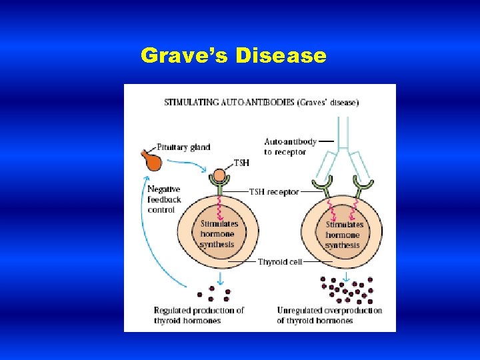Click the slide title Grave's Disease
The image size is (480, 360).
(x=233, y=55)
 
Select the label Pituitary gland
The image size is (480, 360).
(x=184, y=147)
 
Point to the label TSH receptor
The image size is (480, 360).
(x=274, y=191)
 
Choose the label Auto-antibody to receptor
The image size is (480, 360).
(x=290, y=147)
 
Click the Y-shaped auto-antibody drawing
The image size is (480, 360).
(x=342, y=153)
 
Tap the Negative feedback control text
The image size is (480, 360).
(x=164, y=199)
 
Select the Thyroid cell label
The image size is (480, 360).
(x=280, y=262)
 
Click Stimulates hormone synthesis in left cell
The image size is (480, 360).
(x=219, y=235)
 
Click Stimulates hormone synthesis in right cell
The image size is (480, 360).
(x=343, y=235)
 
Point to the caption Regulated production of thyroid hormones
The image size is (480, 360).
(x=199, y=315)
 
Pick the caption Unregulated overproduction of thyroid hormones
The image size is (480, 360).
(x=329, y=315)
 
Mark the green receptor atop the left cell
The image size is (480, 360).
(x=219, y=180)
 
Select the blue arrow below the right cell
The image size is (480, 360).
(x=346, y=276)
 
